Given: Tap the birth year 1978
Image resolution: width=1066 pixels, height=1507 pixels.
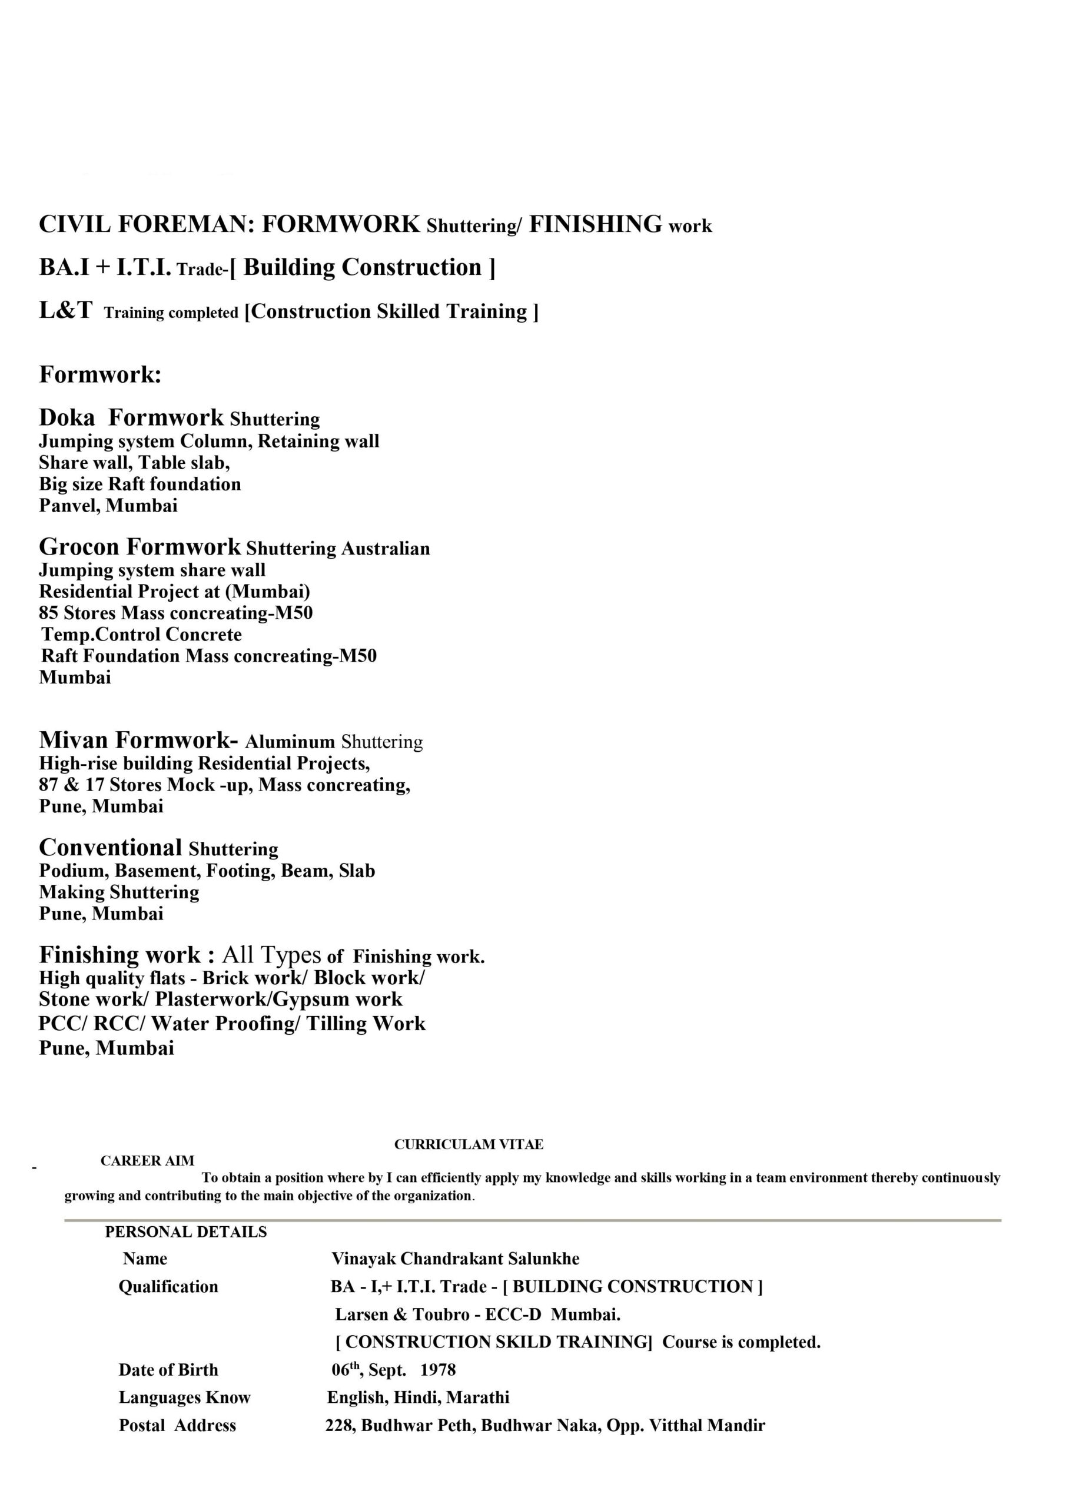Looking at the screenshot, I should [x=438, y=1369].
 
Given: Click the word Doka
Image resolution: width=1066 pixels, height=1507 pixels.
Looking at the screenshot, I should [x=67, y=417].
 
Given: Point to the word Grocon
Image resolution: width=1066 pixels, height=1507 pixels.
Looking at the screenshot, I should [x=79, y=547].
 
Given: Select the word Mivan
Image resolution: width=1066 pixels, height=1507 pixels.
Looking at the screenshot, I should [x=73, y=740].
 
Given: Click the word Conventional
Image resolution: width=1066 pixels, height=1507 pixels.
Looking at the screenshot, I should [x=110, y=847].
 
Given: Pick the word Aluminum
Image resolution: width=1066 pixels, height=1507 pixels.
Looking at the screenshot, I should [x=290, y=742].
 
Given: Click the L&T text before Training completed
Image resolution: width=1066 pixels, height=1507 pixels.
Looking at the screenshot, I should [x=66, y=310].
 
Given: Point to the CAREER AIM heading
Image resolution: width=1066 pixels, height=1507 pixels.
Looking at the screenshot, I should [x=147, y=1160].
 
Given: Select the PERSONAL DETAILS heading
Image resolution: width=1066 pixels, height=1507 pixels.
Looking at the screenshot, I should [x=186, y=1232].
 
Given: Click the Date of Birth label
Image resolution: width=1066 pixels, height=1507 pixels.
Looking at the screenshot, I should [x=168, y=1370].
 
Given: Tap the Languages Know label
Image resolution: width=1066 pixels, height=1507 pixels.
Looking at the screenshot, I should [x=184, y=1398].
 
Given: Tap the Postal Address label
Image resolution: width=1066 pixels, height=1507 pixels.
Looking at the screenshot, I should [x=177, y=1426].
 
